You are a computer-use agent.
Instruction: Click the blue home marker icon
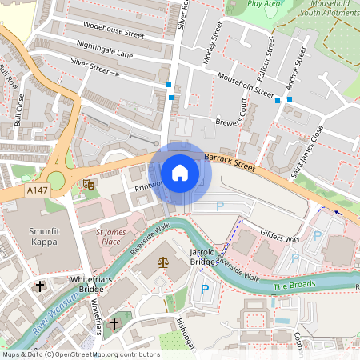click(x=180, y=173)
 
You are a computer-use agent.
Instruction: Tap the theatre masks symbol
click(x=89, y=185)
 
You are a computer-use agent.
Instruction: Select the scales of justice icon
click(x=164, y=262)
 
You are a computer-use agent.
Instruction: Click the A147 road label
click(x=36, y=190)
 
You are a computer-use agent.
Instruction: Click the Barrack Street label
click(x=229, y=163)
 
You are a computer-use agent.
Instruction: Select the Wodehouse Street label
click(x=113, y=35)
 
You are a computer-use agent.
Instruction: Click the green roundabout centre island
click(x=56, y=180)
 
